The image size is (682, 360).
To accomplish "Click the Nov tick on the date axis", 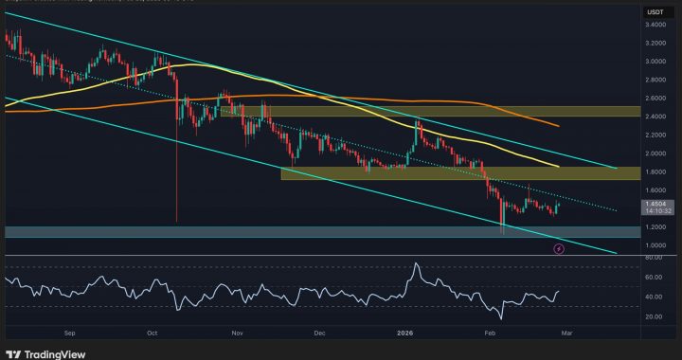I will click(238, 333).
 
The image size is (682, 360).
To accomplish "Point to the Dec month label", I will click(319, 333).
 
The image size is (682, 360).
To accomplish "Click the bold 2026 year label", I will click(404, 333).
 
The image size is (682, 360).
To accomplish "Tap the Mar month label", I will click(565, 333).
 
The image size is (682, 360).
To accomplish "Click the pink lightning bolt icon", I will click(559, 248).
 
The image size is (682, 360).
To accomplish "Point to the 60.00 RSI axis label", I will click(654, 278).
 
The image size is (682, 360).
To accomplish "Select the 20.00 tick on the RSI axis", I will click(654, 316).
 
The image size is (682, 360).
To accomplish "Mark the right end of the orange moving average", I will click(558, 126).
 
